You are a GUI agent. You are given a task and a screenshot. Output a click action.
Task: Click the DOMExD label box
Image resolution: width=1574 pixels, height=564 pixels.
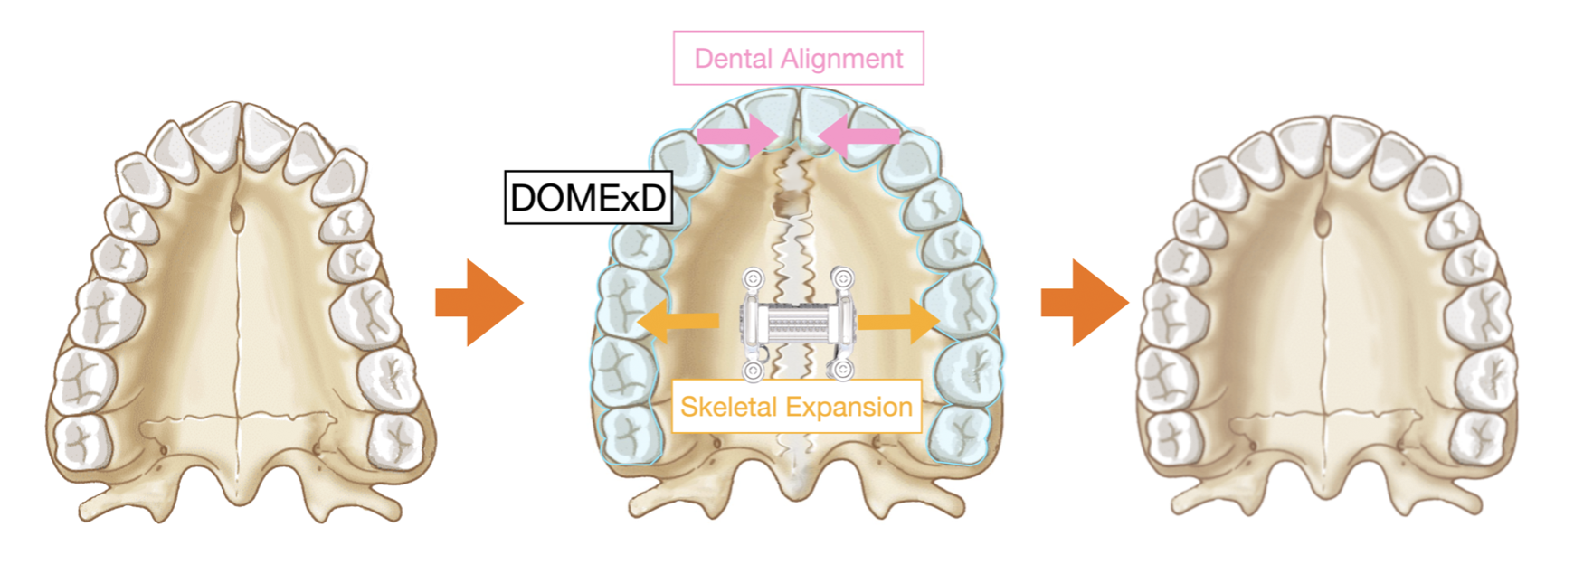pyautogui.click(x=588, y=198)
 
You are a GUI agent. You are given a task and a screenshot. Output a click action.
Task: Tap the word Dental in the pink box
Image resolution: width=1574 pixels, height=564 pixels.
pyautogui.click(x=734, y=59)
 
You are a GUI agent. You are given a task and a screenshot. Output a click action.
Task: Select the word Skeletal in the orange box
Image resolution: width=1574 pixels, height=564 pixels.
pyautogui.click(x=728, y=407)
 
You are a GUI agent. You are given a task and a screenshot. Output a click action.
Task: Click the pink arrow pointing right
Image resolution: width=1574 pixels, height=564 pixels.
pyautogui.click(x=737, y=136)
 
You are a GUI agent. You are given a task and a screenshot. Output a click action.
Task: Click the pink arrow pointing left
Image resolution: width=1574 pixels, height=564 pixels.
pyautogui.click(x=858, y=136)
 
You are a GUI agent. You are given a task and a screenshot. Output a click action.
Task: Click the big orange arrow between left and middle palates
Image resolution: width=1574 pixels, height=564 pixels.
pyautogui.click(x=479, y=303)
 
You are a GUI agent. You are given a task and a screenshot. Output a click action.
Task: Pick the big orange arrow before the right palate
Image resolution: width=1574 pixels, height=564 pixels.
pyautogui.click(x=1084, y=303)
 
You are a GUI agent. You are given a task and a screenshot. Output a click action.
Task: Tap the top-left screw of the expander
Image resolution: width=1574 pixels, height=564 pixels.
pyautogui.click(x=754, y=277)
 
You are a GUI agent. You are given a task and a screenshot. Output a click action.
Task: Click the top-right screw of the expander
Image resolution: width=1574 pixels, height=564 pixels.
pyautogui.click(x=842, y=277)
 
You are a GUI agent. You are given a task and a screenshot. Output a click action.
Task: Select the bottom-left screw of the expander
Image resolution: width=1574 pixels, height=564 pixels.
pyautogui.click(x=754, y=370)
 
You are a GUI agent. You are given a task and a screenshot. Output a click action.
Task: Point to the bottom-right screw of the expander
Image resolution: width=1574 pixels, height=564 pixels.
pyautogui.click(x=842, y=370)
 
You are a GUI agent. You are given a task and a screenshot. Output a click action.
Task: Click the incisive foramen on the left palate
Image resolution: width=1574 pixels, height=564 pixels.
pyautogui.click(x=236, y=217)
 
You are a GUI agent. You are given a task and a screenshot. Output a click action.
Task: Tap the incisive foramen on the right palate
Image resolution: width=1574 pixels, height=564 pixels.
pyautogui.click(x=1322, y=220)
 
